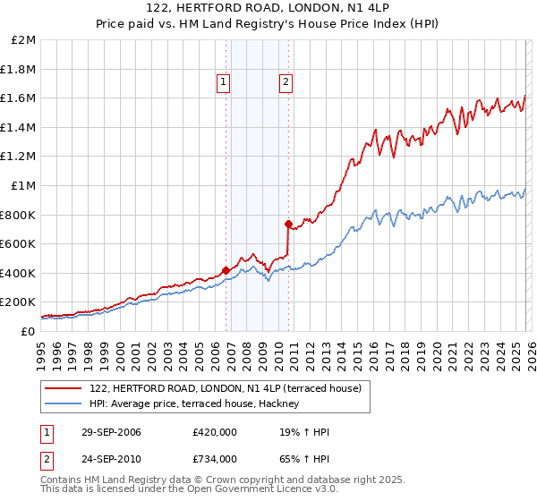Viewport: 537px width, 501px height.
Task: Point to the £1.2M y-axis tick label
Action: click(x=19, y=157)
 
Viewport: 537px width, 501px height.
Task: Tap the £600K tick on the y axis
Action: click(x=19, y=243)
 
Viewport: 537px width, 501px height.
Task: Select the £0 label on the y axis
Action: click(x=29, y=331)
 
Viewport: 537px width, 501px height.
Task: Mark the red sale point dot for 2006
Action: click(x=226, y=269)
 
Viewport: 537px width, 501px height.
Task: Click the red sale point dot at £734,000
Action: click(x=288, y=224)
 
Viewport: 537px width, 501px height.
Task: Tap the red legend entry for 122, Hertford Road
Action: click(x=224, y=388)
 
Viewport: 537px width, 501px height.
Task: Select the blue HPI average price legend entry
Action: click(x=197, y=404)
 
